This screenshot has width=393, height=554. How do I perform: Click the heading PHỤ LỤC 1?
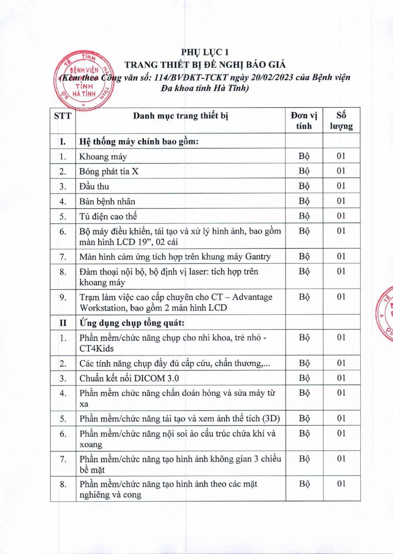point(205,52)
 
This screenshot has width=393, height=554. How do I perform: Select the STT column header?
point(63,116)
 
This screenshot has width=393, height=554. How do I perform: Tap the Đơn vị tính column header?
point(303,120)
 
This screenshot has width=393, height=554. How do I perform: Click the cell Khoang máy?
point(103,156)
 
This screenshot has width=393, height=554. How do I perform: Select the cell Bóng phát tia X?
point(109,171)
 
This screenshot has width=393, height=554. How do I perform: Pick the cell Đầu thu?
point(94,186)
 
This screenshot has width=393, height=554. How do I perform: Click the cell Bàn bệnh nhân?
point(107,201)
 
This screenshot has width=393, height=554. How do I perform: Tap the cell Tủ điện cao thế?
point(108,216)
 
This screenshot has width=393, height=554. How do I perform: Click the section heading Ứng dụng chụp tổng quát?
point(138,322)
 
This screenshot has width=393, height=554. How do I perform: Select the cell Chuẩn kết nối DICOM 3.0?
point(129,378)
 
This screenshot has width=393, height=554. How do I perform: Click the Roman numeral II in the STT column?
point(63,322)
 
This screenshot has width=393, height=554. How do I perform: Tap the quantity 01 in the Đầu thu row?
point(341,186)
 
